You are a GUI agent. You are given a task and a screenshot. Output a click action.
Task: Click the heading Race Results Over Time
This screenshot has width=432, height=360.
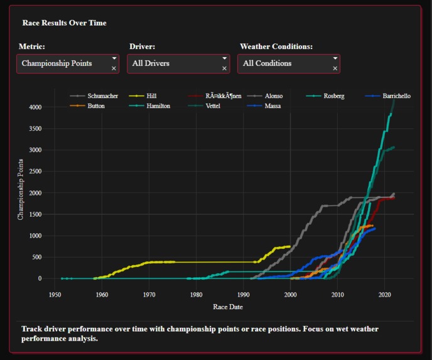[64, 23]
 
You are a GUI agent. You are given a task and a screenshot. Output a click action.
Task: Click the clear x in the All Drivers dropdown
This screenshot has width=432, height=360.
[224, 68]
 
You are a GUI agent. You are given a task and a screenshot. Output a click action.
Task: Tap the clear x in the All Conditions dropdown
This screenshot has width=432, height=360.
[335, 68]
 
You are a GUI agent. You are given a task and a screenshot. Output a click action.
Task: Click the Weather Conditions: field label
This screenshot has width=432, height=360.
[276, 46]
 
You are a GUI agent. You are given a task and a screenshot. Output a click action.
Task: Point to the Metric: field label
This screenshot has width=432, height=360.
[32, 46]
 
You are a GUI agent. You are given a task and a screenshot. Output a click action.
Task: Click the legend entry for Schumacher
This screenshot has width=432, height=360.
[102, 96]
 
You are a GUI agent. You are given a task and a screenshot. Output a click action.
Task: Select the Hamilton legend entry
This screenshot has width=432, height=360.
[158, 106]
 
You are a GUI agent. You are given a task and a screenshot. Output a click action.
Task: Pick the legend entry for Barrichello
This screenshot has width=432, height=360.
[396, 96]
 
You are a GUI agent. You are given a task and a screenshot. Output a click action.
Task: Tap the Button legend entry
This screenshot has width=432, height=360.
[96, 106]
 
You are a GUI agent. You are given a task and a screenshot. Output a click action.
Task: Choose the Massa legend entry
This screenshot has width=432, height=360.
[273, 106]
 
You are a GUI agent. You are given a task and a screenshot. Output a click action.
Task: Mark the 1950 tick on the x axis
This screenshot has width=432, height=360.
[55, 294]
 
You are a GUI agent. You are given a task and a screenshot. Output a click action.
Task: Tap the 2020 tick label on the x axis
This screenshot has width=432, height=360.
[384, 294]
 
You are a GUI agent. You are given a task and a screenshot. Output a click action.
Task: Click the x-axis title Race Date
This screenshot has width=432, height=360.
[227, 307]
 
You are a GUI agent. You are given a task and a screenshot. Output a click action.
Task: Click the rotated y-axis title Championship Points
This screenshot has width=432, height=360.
[21, 189]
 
